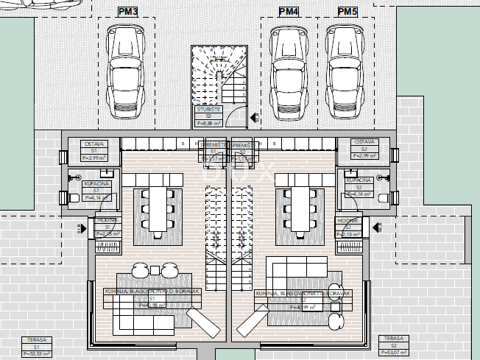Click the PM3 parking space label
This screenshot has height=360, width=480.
point(127,12)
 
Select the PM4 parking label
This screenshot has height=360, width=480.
point(289,12)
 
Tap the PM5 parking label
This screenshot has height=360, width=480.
point(347,12)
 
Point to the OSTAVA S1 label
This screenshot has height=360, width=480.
point(96,149)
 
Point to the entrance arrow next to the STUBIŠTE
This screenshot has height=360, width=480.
point(255,117)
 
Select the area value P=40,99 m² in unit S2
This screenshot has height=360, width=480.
point(302,308)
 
